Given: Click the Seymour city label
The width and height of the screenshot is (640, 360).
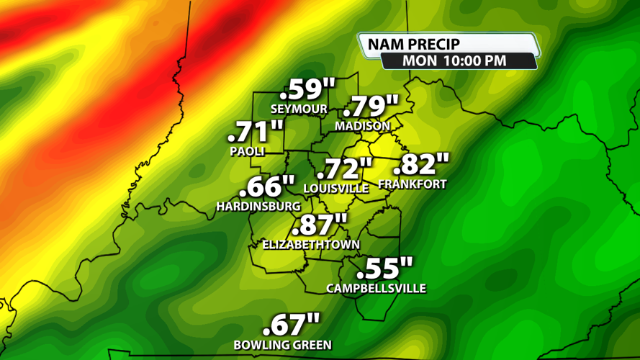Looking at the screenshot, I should (299, 109).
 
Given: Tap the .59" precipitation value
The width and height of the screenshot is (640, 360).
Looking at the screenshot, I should (307, 90).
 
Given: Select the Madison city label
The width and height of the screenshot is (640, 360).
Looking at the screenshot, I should (362, 126).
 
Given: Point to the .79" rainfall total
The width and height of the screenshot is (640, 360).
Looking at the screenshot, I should (371, 107).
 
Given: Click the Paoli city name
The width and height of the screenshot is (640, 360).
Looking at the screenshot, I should (247, 151).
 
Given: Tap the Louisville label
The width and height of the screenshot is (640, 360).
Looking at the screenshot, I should (336, 188).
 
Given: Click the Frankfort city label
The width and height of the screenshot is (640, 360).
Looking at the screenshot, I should (412, 184).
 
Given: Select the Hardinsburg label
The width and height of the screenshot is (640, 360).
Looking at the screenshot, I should (258, 207).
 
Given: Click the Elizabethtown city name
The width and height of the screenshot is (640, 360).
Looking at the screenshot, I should (311, 245).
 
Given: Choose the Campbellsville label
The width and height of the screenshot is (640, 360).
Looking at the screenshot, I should (376, 289).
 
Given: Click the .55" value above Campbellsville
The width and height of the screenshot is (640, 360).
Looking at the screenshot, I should (384, 269).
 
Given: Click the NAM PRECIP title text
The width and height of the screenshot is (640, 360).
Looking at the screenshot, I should (413, 44).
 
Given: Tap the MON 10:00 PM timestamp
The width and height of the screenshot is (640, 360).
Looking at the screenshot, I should (454, 60).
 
